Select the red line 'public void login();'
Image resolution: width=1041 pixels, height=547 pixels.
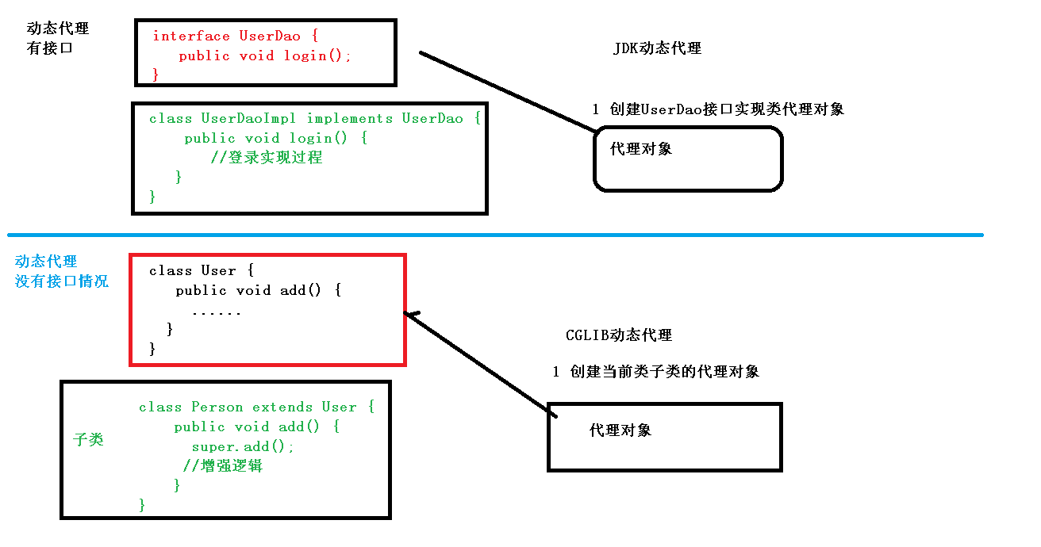(264, 56)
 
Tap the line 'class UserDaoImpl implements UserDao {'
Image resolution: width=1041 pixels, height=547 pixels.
(314, 119)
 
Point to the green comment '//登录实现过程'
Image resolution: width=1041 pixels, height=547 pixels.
(267, 158)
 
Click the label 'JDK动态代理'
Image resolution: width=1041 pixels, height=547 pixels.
(657, 48)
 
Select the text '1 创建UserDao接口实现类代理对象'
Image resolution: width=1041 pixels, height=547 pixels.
(718, 109)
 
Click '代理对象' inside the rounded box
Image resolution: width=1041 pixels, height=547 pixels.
(640, 148)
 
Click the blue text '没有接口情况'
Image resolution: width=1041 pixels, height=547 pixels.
(62, 281)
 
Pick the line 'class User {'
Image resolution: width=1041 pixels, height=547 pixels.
(201, 271)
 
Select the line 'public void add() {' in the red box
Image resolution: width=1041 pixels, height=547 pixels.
(258, 291)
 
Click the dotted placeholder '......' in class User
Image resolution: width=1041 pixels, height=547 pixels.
(217, 312)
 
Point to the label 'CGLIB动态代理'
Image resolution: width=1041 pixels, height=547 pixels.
(619, 335)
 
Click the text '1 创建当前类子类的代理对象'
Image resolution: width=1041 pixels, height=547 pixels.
(656, 372)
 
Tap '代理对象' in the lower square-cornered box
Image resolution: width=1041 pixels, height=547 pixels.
(620, 430)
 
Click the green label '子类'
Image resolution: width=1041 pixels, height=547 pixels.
(88, 440)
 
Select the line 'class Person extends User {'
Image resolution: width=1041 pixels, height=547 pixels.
(256, 407)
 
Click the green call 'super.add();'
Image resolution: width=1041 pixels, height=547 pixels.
(242, 447)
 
